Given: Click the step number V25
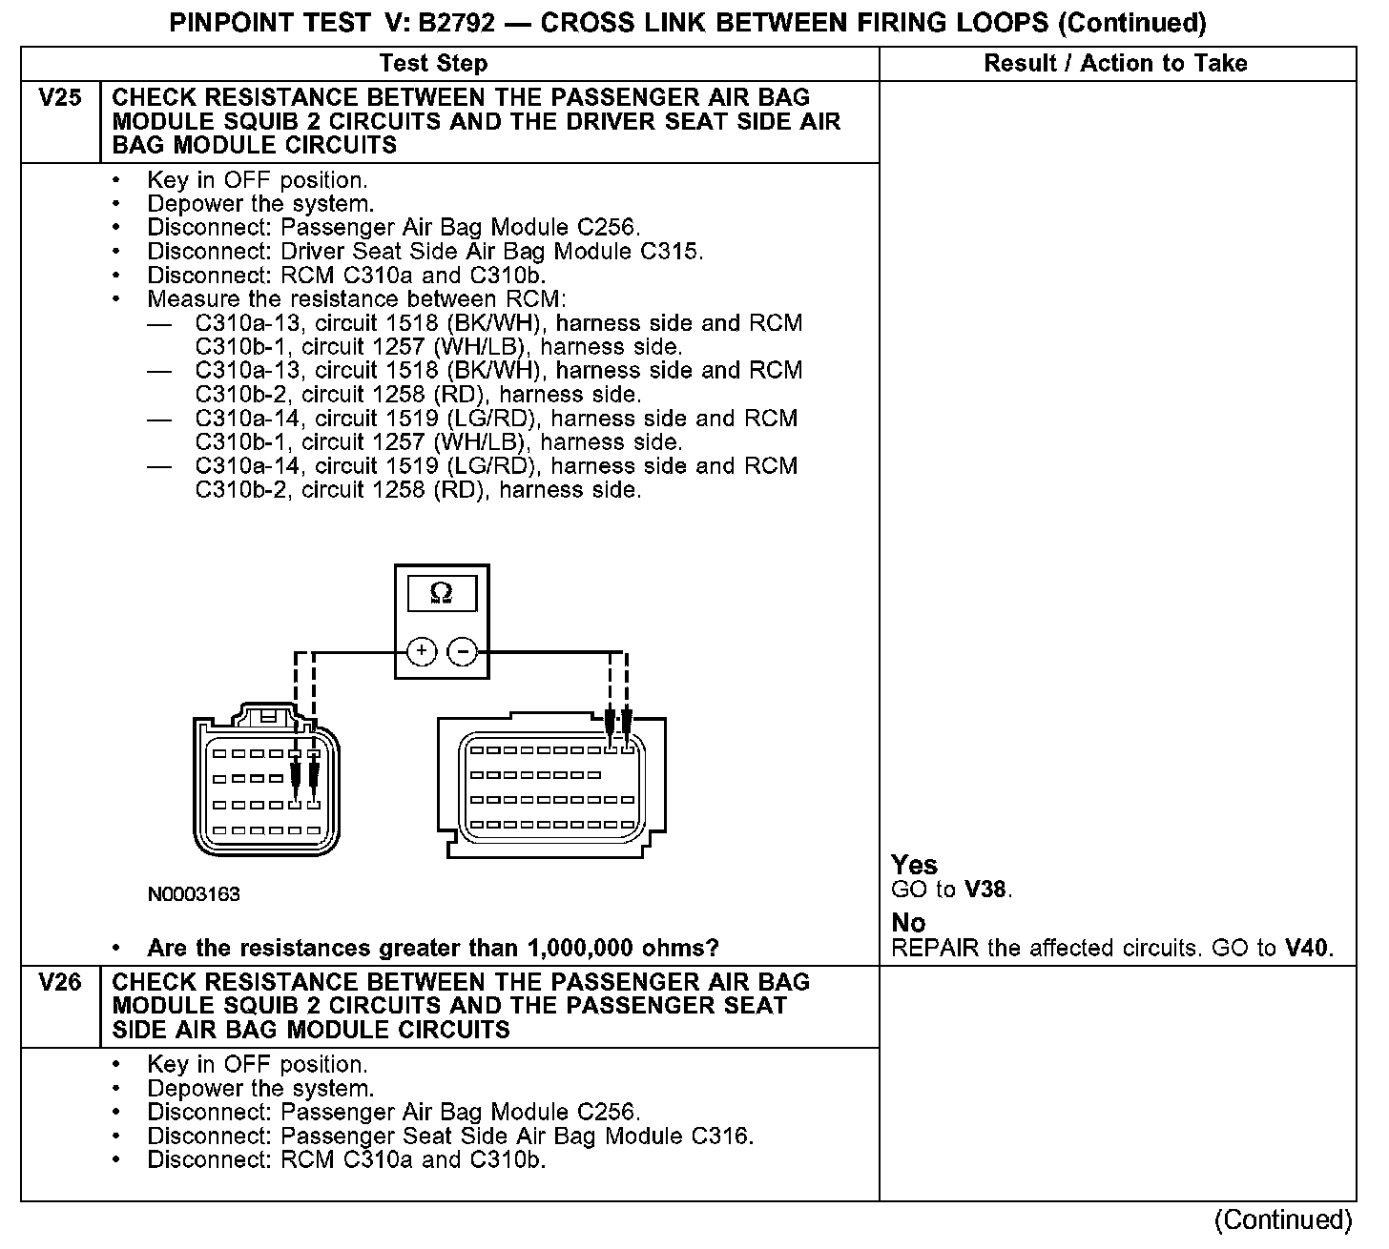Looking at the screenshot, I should click(59, 98).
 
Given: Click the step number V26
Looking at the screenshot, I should click(59, 982).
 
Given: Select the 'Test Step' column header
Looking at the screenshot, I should click(433, 64).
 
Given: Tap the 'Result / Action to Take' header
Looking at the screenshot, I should click(1115, 64).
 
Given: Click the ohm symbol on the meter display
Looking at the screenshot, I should click(442, 593).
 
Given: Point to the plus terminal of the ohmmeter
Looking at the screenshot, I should click(421, 652).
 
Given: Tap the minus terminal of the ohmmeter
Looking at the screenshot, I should click(463, 652).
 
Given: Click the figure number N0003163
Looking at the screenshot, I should click(194, 894).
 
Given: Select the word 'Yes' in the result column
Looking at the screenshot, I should click(914, 865).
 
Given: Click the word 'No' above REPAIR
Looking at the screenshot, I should click(908, 923).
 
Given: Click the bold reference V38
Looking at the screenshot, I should click(985, 890).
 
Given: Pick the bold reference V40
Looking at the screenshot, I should click(1306, 948).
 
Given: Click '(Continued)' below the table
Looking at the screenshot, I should click(1282, 1220).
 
